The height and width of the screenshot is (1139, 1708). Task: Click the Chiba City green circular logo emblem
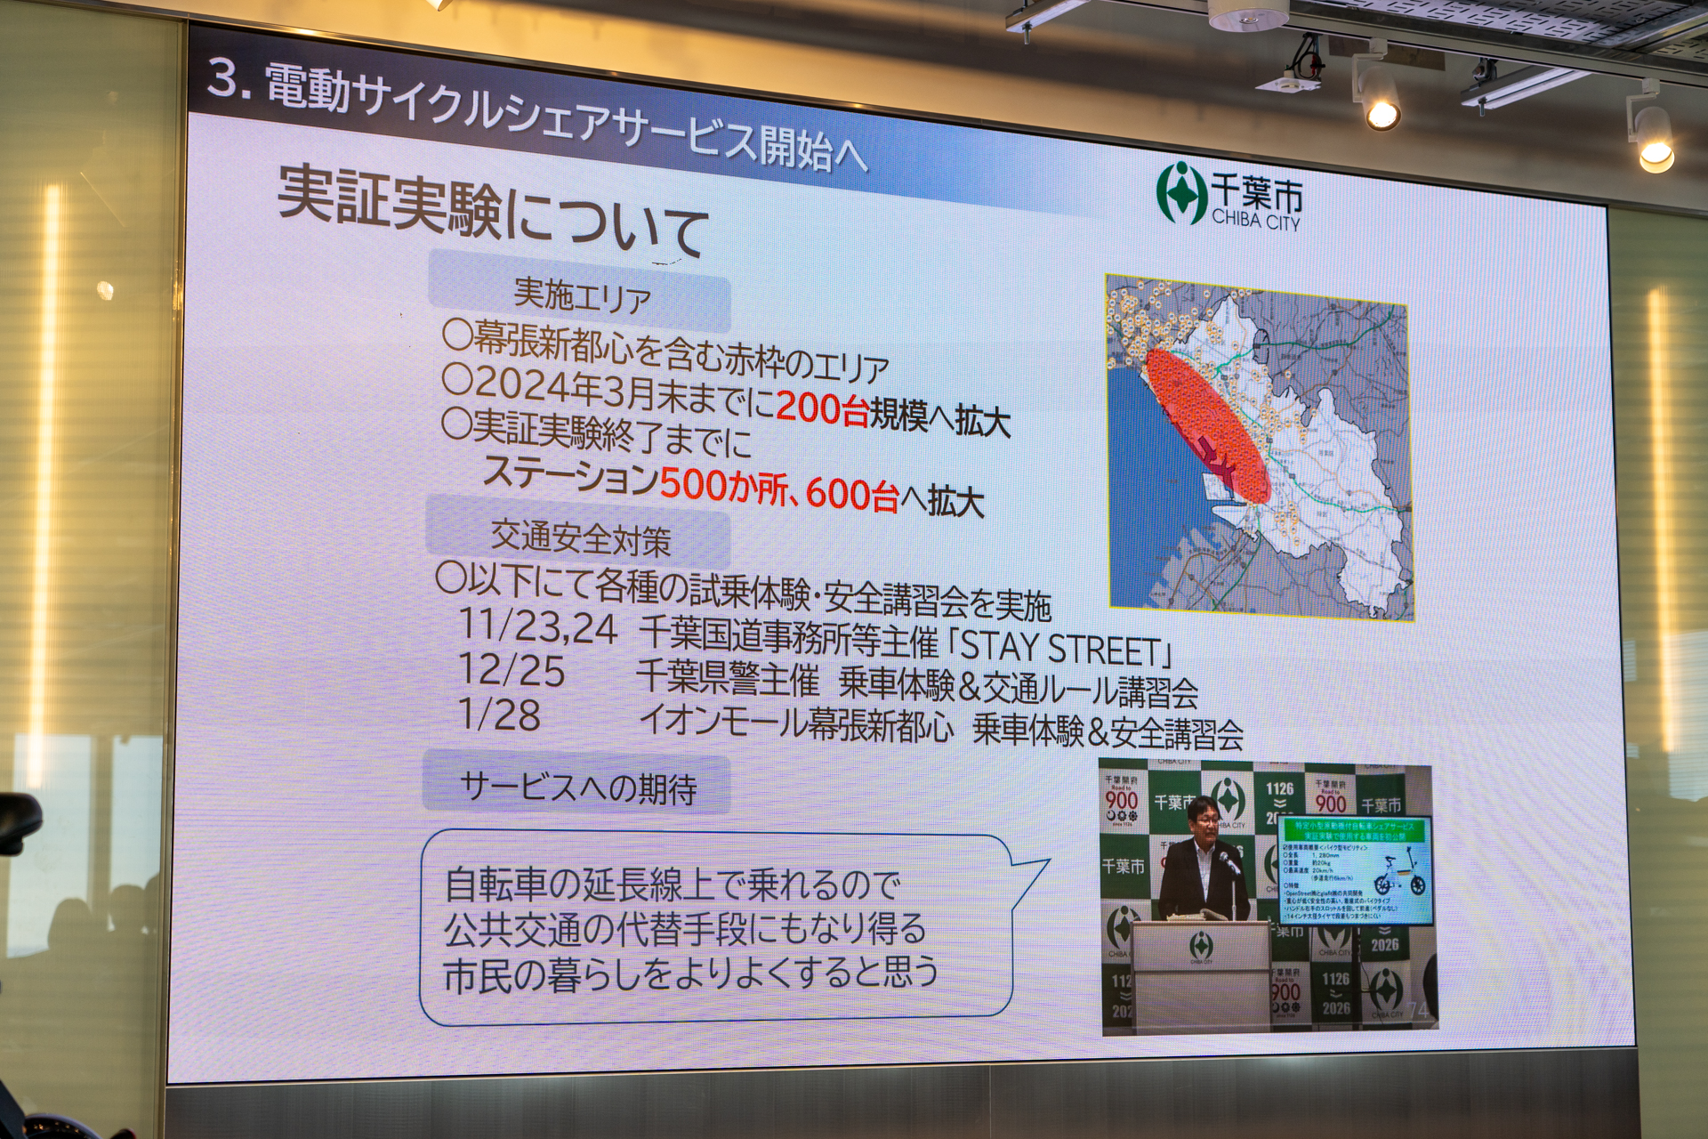click(1180, 192)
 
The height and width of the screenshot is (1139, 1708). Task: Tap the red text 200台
click(821, 408)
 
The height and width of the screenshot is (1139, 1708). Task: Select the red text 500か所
click(725, 484)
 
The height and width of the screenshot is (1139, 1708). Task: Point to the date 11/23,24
click(537, 627)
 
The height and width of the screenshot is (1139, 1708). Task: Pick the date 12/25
click(512, 671)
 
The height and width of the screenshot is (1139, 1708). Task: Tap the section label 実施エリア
click(582, 296)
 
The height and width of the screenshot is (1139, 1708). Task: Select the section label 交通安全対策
click(580, 537)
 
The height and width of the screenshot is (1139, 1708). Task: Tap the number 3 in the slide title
click(222, 78)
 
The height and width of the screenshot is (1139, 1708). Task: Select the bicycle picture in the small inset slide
click(1398, 875)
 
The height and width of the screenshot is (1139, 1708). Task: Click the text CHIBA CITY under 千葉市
click(1255, 221)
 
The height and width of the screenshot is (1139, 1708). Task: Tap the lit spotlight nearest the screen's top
click(1382, 114)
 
